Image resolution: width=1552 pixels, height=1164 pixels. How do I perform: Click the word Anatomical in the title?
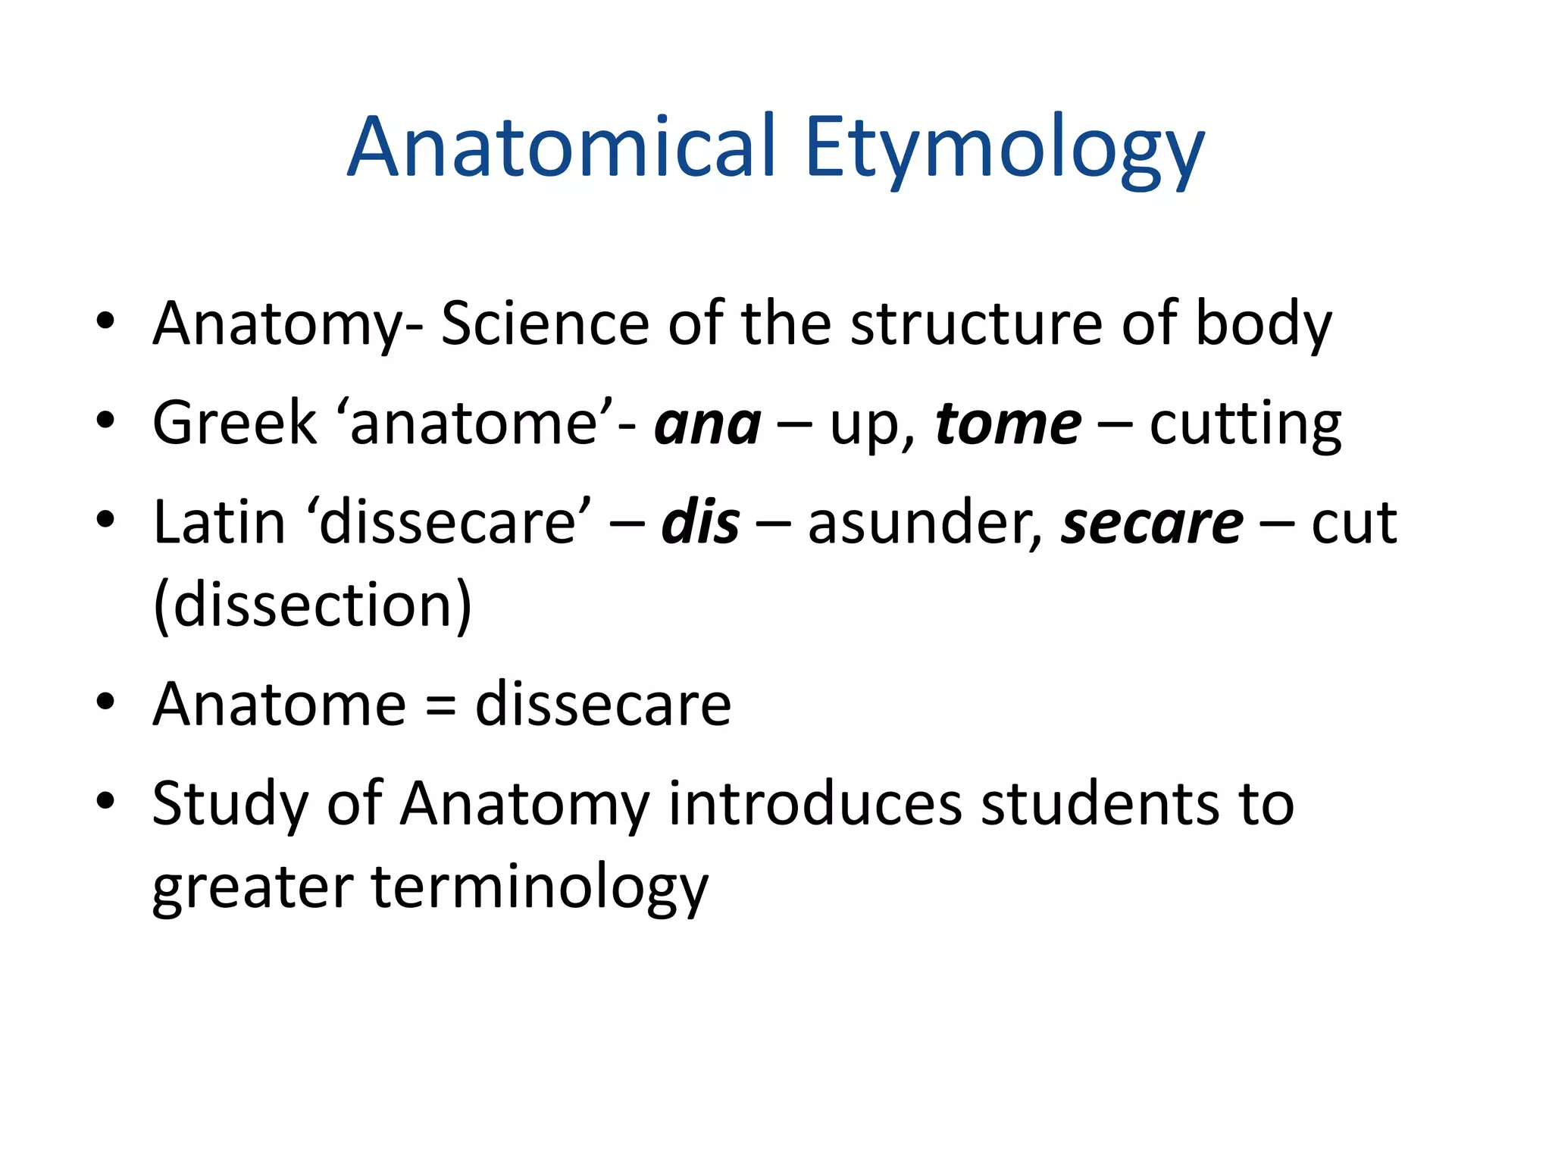(562, 148)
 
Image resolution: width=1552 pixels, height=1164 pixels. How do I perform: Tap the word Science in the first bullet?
(544, 324)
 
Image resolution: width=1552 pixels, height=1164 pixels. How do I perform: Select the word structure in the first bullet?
(976, 324)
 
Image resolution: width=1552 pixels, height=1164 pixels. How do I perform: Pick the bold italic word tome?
(1008, 423)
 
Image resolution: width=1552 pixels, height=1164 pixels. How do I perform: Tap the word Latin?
(219, 522)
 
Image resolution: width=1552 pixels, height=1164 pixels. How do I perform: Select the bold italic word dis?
(700, 522)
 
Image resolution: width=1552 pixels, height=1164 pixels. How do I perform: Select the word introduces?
(815, 804)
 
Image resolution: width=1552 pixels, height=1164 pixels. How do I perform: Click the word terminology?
(540, 887)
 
